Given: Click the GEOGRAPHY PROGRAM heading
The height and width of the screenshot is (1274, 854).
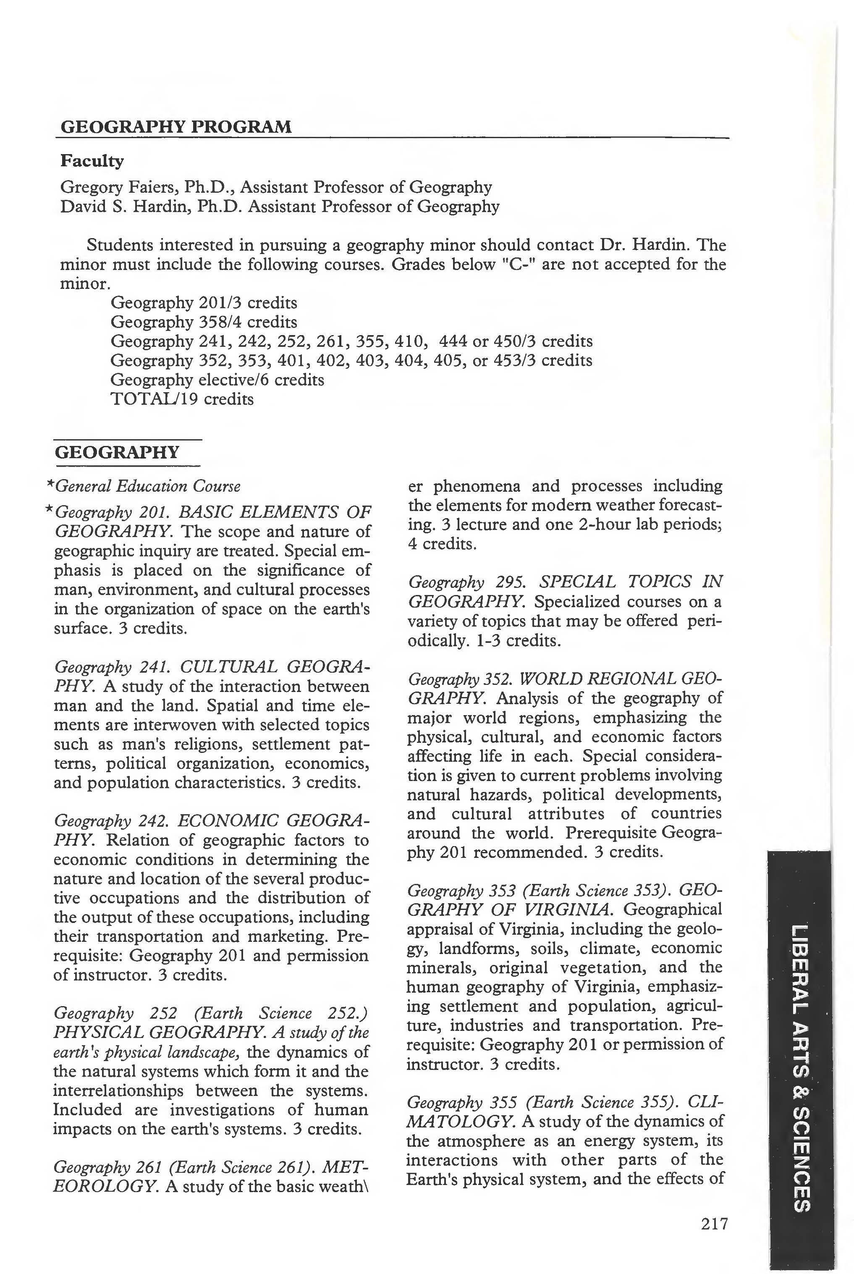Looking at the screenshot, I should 176,127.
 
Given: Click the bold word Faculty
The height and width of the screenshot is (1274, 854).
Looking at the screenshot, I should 92,161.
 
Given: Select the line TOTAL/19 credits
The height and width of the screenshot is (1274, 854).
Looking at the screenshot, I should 182,399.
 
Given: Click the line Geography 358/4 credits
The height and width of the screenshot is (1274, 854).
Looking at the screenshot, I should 204,322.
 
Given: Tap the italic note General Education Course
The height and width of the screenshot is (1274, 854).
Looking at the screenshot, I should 148,486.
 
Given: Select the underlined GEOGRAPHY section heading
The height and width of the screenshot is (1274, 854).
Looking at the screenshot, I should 117,453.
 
